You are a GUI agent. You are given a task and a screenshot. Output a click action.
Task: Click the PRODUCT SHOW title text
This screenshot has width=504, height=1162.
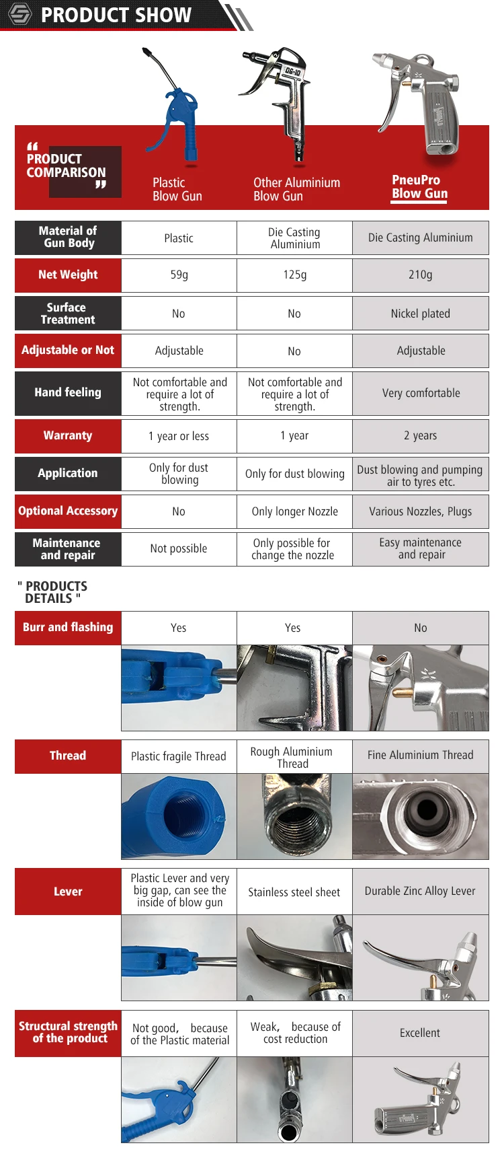point(116,15)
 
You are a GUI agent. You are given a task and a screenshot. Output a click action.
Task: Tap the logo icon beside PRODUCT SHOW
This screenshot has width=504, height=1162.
point(19,14)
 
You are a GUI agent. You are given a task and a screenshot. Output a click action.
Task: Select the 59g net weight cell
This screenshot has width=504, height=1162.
point(179,275)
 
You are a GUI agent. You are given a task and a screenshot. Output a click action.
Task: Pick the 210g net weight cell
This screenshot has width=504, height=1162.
point(420,275)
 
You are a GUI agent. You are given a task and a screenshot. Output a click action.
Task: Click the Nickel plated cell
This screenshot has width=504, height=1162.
point(420,314)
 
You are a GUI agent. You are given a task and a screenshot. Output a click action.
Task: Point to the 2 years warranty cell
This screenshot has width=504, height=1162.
point(420,436)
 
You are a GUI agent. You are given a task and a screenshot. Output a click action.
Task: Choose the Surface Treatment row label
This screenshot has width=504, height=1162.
point(68,314)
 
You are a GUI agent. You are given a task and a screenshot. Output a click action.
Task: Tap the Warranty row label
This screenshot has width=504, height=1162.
point(68,436)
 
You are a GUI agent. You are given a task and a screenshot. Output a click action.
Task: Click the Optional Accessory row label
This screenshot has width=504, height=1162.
point(68,511)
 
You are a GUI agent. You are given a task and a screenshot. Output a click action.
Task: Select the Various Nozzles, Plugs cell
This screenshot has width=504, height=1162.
point(420,511)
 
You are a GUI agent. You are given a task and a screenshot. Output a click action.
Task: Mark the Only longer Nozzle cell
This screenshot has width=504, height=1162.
point(294,511)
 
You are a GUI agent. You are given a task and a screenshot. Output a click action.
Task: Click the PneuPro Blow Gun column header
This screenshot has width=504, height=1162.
point(419,187)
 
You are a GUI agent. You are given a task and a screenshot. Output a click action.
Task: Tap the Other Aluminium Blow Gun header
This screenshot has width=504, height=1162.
point(296,189)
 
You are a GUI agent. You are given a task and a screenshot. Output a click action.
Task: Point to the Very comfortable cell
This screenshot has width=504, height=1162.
point(421,393)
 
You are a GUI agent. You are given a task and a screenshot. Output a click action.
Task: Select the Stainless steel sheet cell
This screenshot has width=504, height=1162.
point(294,892)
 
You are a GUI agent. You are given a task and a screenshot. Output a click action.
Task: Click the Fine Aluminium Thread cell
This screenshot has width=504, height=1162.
point(420,756)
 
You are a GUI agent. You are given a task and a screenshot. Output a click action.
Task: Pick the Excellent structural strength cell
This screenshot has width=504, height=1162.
point(420,1033)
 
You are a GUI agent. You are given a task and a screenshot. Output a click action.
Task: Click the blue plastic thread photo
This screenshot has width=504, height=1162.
point(179,816)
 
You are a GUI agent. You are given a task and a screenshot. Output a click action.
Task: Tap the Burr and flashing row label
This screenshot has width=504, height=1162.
point(68,628)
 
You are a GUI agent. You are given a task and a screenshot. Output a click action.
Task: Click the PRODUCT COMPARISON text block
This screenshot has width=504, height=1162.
point(67,166)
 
